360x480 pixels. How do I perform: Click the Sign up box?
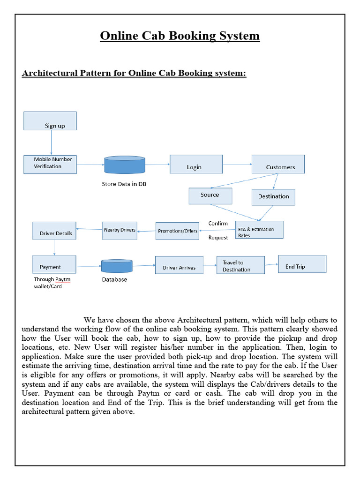50,121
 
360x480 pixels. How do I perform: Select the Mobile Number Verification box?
50,165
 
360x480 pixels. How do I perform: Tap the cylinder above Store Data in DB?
124,165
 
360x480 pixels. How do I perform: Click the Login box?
196,165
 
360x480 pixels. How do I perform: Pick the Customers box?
278,164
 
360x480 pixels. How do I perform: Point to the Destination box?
273,197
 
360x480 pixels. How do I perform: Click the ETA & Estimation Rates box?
259,230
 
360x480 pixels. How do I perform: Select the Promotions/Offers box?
177,231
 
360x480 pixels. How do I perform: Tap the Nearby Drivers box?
120,230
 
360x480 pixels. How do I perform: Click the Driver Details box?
54,231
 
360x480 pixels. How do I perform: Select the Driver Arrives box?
179,265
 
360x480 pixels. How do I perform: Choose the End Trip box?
302,264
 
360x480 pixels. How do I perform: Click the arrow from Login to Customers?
237,165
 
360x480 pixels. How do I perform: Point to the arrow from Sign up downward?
51,142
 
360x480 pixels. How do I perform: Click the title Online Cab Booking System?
180,36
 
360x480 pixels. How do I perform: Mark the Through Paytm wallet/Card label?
52,283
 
